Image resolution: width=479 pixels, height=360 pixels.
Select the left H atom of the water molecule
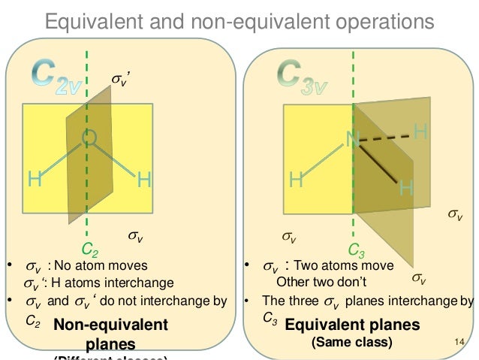click(35, 180)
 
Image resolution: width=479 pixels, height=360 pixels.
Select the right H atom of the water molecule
click(144, 180)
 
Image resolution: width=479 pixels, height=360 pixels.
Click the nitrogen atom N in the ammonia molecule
click(351, 138)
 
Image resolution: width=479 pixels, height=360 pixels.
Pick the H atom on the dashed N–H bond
click(420, 133)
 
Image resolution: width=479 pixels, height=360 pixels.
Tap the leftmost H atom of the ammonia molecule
click(296, 180)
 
